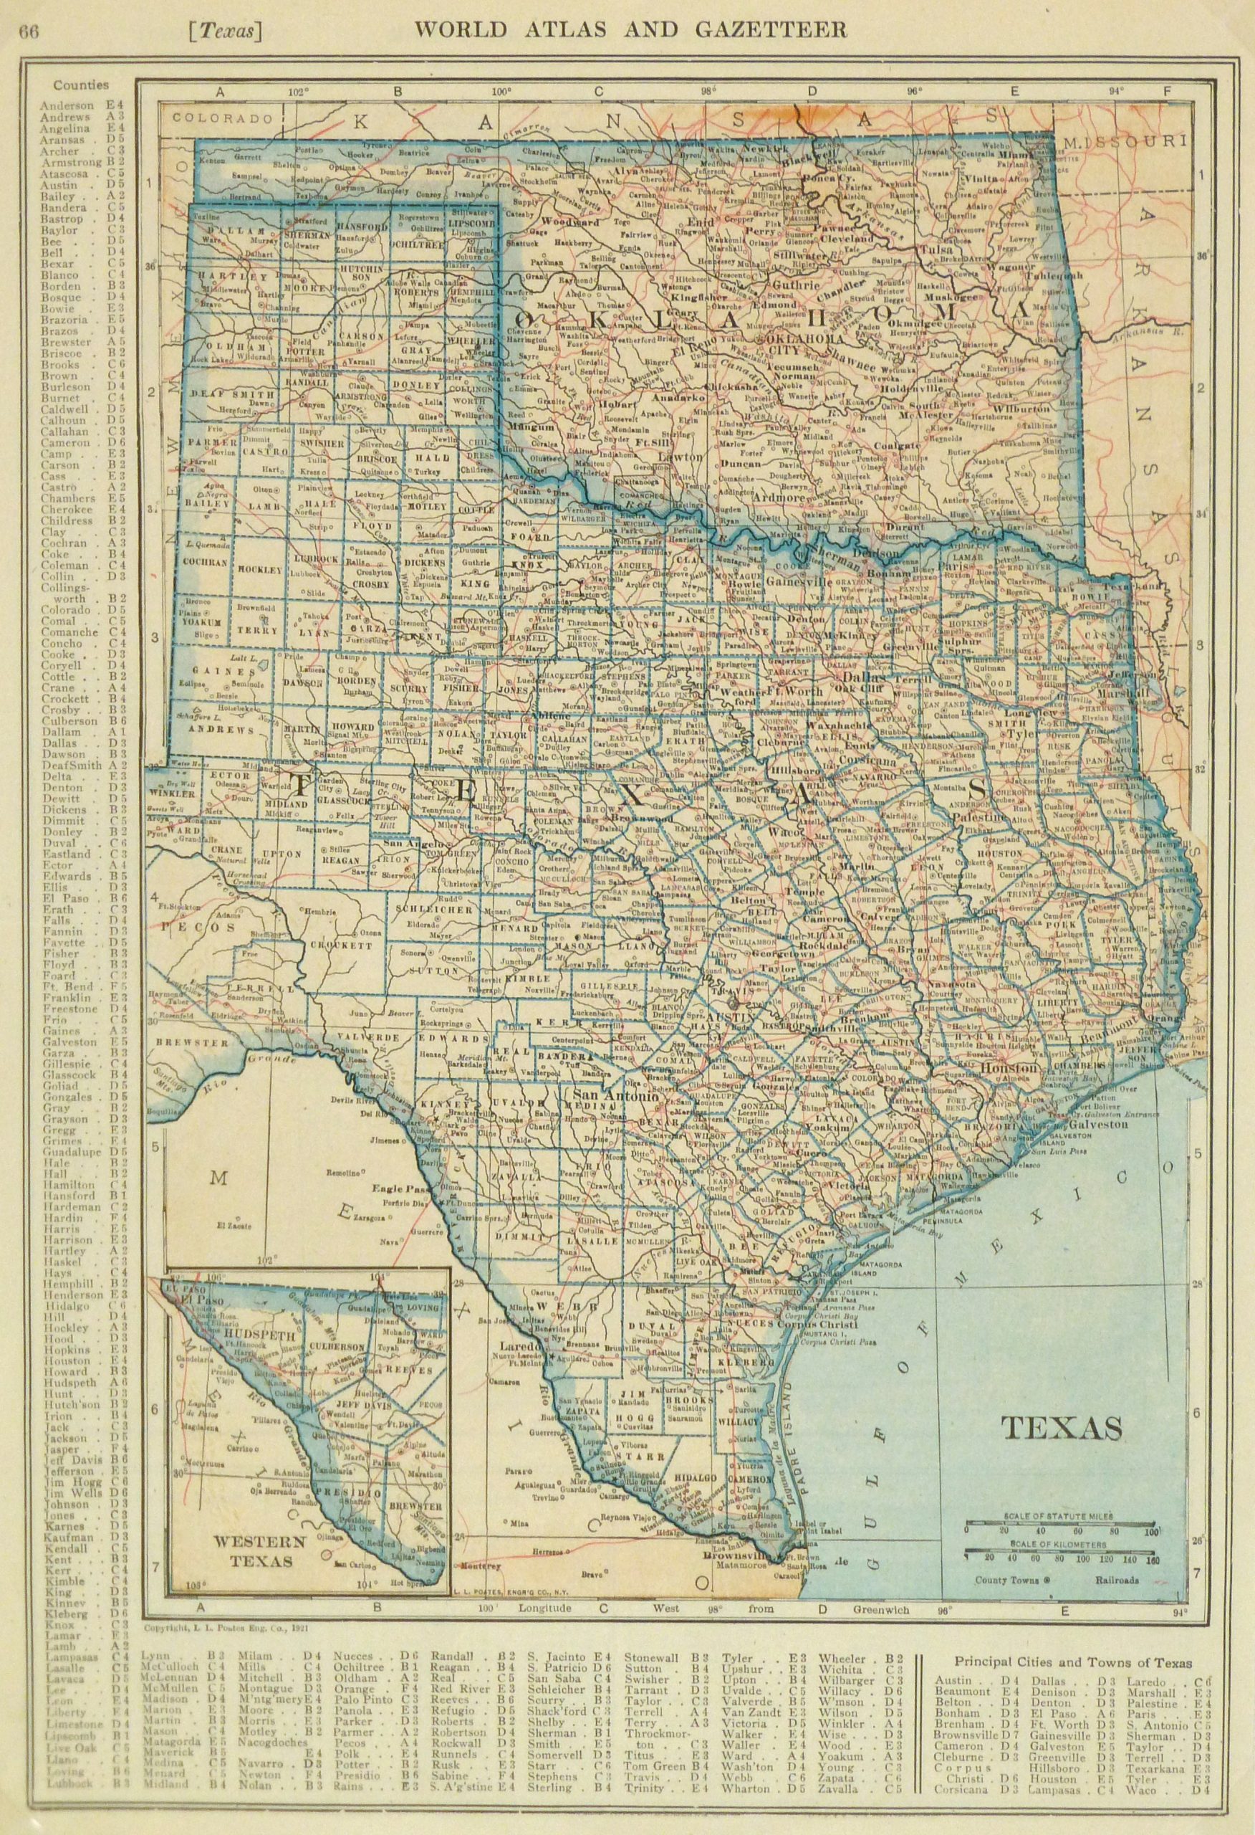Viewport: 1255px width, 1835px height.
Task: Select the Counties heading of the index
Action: point(80,85)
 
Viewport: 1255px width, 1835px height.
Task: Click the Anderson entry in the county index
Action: point(67,104)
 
